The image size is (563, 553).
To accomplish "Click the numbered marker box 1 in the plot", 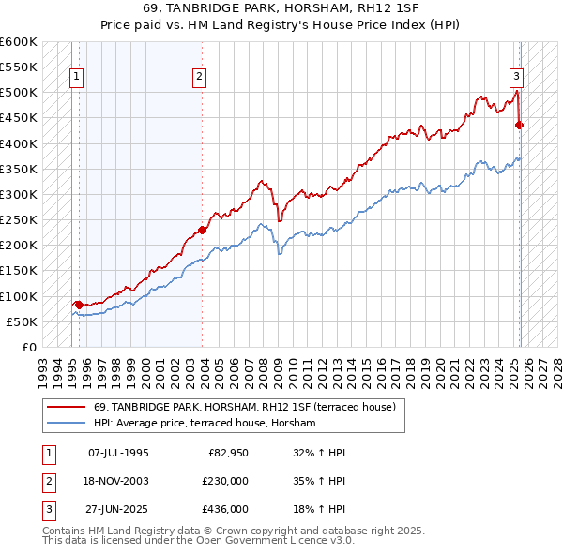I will click(76, 78).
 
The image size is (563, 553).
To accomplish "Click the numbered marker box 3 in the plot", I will click(516, 78).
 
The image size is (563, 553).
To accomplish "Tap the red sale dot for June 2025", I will click(520, 125).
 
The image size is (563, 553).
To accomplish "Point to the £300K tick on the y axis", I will click(19, 194).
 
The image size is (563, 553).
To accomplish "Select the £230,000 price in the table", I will click(226, 481).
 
